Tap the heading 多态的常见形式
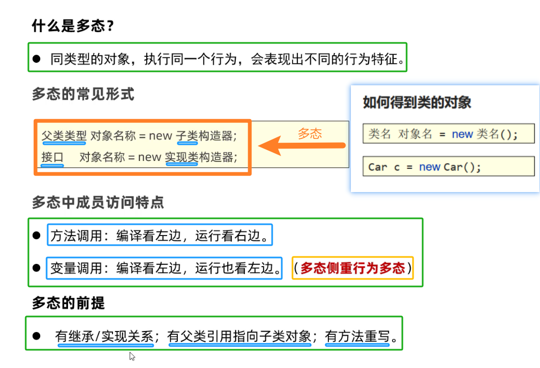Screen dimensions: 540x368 tap(83, 94)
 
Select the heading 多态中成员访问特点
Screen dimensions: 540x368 tap(97, 202)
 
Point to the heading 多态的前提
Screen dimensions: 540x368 tap(68, 303)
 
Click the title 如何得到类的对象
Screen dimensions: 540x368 tap(417, 102)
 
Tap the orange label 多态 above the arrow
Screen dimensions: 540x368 tap(310, 134)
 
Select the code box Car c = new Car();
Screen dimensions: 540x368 tap(448, 167)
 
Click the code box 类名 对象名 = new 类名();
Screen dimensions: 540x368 tap(448, 134)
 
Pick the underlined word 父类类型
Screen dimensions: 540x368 tap(64, 136)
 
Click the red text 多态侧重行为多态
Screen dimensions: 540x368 tap(352, 268)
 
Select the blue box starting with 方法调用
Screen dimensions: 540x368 tap(160, 235)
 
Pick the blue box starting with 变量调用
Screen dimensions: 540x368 tap(165, 268)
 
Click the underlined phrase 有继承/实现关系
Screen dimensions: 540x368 tap(105, 337)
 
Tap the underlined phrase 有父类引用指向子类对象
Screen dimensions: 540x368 tap(239, 337)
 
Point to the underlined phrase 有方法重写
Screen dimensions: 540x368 tap(357, 337)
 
